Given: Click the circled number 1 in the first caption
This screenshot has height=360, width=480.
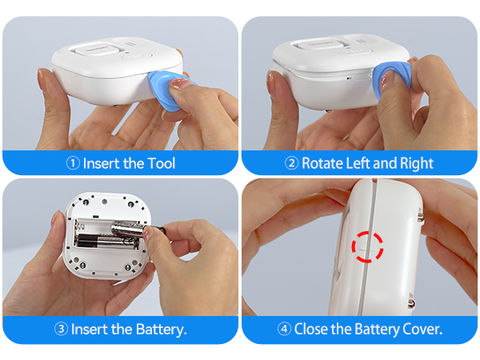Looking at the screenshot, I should [x=73, y=163].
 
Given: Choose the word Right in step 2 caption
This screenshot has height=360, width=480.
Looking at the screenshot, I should [x=416, y=163].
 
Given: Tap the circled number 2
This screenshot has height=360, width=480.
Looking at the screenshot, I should [x=292, y=163].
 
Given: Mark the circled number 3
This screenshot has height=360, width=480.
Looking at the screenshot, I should [x=61, y=329].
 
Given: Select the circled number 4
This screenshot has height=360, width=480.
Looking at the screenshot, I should [x=284, y=329].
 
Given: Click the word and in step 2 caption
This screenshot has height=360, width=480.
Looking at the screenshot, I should [x=387, y=163].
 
